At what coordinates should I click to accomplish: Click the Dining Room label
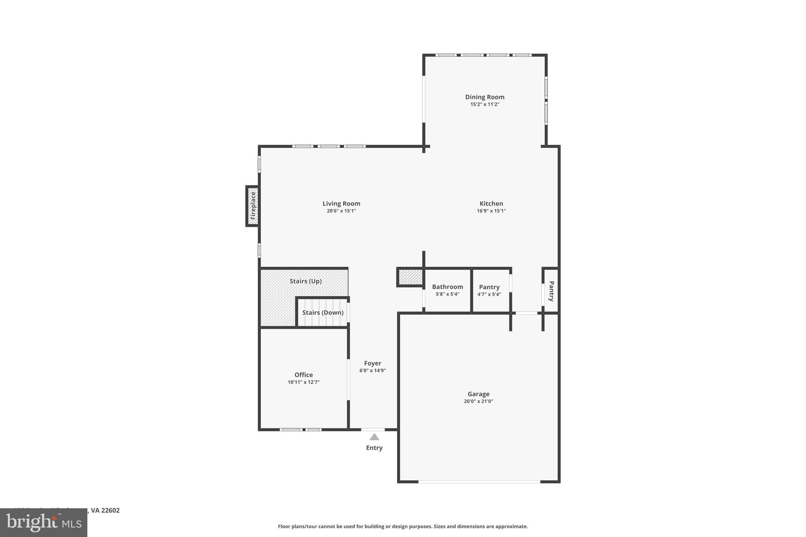point(484,97)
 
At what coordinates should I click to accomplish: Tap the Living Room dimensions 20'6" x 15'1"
point(341,211)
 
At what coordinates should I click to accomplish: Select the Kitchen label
point(491,203)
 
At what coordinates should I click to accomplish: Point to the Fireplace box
point(253,206)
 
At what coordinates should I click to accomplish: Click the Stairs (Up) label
point(305,281)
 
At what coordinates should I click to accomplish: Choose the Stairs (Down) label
point(323,312)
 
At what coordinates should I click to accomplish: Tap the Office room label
point(303,375)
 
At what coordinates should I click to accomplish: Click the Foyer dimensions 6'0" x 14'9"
point(372,371)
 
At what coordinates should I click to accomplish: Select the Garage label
point(479,394)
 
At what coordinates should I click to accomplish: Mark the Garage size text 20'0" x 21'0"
point(479,401)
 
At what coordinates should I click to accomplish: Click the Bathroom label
point(447,287)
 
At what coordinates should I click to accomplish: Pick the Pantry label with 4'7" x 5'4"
point(489,287)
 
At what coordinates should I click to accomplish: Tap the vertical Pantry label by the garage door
point(551,291)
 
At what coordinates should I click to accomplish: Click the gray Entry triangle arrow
point(374,437)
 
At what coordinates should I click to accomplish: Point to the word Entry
point(374,448)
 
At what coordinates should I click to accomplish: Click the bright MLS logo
point(44,522)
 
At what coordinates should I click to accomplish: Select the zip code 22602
point(110,510)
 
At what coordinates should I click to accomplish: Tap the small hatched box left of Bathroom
point(410,277)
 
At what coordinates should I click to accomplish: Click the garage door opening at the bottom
point(479,482)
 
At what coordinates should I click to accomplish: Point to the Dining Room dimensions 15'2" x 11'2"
point(484,104)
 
